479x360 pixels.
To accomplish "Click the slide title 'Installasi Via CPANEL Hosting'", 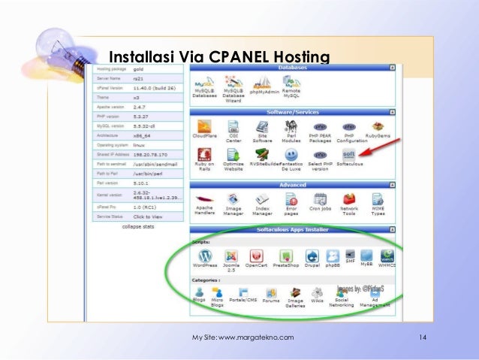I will click(x=218, y=56).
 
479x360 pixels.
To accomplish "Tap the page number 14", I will click(x=423, y=338).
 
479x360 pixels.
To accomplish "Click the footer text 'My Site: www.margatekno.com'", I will click(x=243, y=338).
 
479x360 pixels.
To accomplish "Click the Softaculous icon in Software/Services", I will click(x=347, y=153).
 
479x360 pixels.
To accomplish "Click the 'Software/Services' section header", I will click(x=292, y=112).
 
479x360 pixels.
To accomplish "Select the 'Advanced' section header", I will click(x=292, y=183).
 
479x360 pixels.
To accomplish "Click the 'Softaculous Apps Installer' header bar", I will click(x=292, y=228).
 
